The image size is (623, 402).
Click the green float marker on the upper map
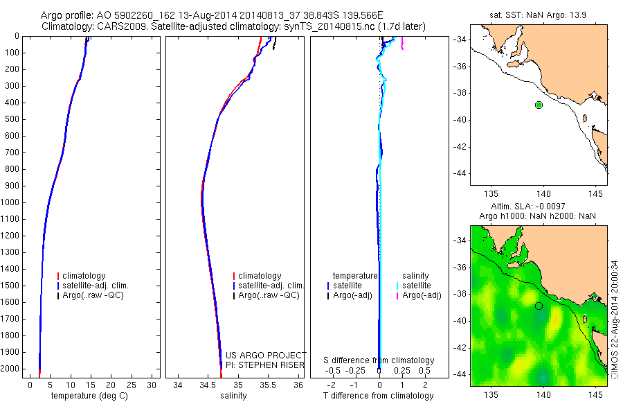pyautogui.click(x=539, y=105)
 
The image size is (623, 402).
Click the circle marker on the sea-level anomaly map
pyautogui.click(x=539, y=306)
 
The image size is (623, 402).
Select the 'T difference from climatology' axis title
pyautogui.click(x=379, y=396)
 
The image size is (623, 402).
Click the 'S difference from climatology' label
pyautogui.click(x=379, y=360)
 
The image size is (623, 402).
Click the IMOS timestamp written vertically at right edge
pyautogui.click(x=615, y=319)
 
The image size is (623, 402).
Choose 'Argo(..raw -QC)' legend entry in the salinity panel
pyautogui.click(x=269, y=295)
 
